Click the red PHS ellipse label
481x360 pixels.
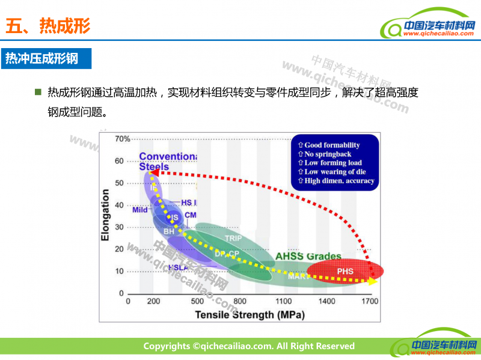(x=345, y=272)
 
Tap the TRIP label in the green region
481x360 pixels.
(x=233, y=239)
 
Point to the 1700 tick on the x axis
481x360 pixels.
(x=369, y=301)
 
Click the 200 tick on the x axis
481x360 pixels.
(x=154, y=301)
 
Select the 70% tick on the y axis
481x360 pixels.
(x=123, y=139)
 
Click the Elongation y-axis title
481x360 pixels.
(x=105, y=215)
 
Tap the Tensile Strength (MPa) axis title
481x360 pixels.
(x=249, y=314)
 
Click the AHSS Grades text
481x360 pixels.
(x=308, y=257)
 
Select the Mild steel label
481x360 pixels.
(x=140, y=210)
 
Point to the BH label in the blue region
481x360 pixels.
(x=169, y=231)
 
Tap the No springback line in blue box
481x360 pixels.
(x=330, y=154)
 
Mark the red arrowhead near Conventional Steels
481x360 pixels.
(x=153, y=172)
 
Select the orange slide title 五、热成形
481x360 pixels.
(x=47, y=25)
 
